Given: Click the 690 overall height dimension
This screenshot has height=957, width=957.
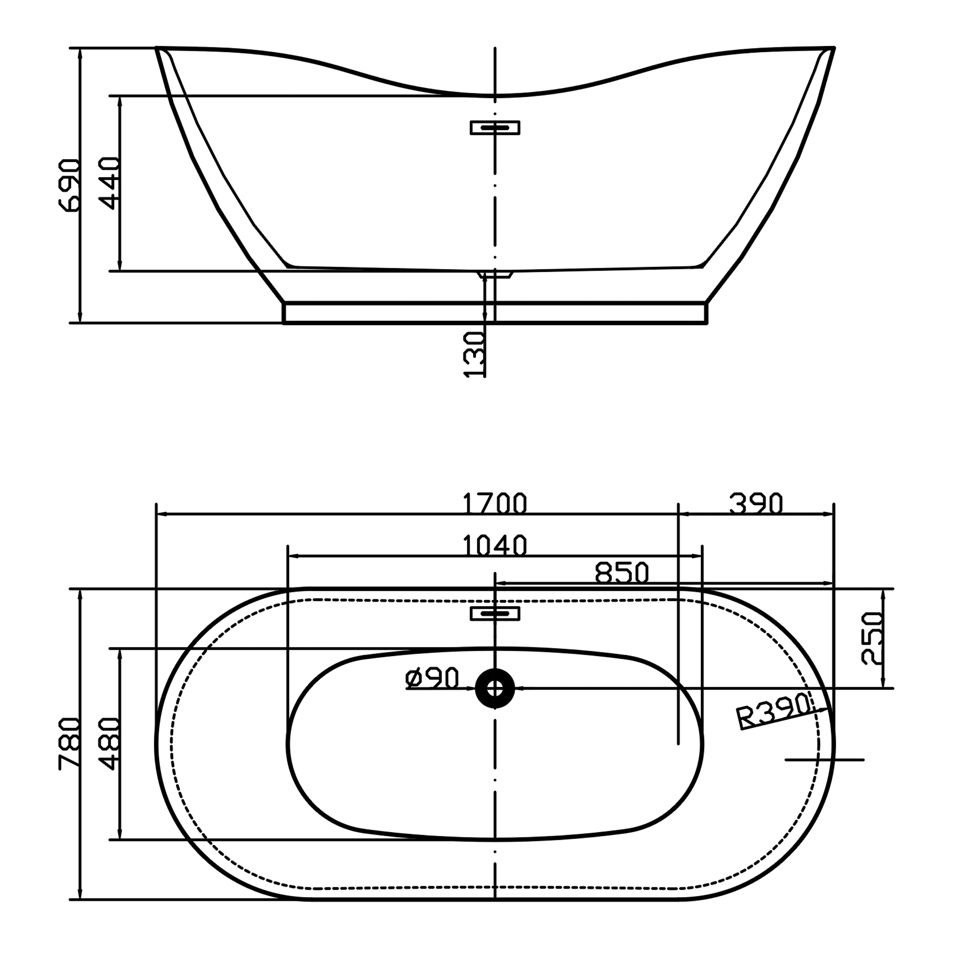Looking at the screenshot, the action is tap(69, 185).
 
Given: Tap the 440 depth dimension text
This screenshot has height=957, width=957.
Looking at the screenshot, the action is tap(109, 183).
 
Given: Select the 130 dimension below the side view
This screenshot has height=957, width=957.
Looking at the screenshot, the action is tap(474, 355).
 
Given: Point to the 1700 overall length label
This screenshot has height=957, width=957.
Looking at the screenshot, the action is tap(495, 503).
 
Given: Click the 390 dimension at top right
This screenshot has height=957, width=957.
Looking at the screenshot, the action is tap(756, 503).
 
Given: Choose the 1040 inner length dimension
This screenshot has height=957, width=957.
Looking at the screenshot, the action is tap(495, 545).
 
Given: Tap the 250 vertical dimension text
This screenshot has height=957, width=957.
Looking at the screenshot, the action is tap(873, 639).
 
